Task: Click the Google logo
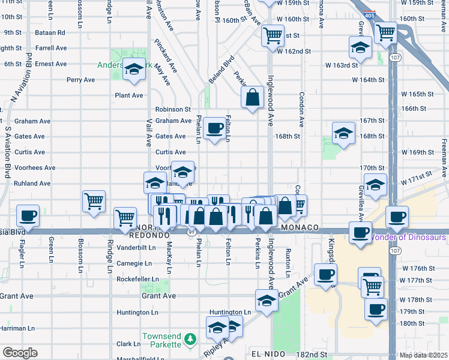(x=20, y=353)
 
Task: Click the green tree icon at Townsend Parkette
(x=190, y=340)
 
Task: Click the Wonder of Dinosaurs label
(x=408, y=237)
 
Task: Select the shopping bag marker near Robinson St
(x=253, y=97)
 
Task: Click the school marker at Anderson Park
(x=133, y=71)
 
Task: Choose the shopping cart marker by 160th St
(x=273, y=35)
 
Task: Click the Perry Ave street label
(x=80, y=79)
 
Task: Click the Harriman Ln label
(x=17, y=329)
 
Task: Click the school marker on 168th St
(x=344, y=133)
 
